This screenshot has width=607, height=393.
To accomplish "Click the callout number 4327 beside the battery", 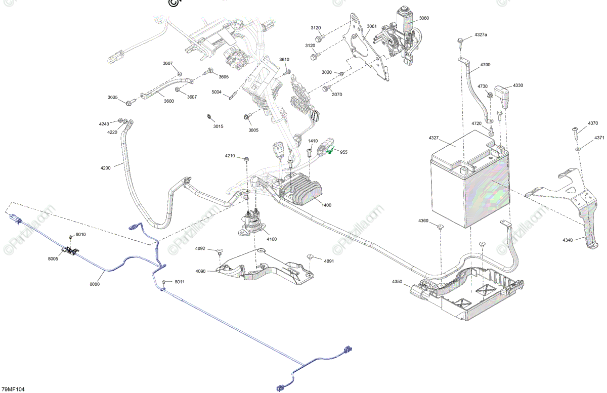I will click(435, 138).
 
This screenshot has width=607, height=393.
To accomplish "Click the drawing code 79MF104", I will click(13, 389).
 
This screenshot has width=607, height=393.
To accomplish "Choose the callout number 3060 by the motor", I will click(423, 18).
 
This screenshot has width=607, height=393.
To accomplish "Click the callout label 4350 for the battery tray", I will click(397, 281).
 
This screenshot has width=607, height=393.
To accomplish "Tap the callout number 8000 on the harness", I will click(95, 284).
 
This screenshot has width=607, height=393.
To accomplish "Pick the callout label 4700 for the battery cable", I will click(485, 65).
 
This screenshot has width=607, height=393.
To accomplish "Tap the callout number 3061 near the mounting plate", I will click(372, 26).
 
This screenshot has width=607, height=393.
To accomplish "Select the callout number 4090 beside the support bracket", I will click(200, 271).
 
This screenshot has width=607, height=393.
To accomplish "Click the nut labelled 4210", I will click(246, 159).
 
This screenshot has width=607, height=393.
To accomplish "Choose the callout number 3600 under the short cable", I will click(168, 101).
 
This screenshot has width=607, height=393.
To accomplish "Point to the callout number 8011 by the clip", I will click(179, 281).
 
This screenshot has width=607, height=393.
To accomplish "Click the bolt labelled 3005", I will click(246, 117).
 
